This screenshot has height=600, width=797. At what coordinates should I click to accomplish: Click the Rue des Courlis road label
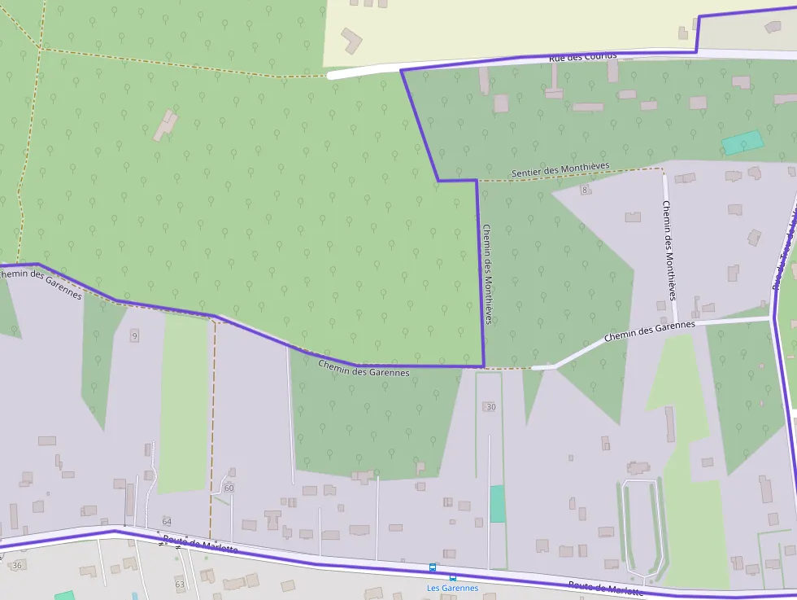click(582, 56)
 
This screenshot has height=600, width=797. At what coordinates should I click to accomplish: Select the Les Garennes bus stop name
click(452, 588)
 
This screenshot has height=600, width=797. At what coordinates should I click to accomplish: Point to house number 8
click(584, 190)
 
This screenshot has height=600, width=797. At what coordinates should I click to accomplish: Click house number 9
click(134, 335)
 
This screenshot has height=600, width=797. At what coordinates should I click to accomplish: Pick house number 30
click(490, 406)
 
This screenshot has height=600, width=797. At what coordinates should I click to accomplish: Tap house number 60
click(229, 488)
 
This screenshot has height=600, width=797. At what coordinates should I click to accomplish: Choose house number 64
click(167, 521)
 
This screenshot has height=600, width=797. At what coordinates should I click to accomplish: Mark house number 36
click(17, 565)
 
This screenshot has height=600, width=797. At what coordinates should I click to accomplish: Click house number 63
click(180, 584)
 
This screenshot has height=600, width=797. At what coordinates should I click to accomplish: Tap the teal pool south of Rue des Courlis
click(743, 142)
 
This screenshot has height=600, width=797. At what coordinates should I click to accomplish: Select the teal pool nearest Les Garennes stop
click(497, 504)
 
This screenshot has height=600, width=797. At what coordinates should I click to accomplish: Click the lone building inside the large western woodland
click(166, 125)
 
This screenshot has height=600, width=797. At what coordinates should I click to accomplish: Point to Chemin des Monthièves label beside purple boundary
click(488, 274)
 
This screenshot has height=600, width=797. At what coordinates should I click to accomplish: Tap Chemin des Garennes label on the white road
click(649, 331)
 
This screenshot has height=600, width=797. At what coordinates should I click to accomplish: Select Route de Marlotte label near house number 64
click(200, 545)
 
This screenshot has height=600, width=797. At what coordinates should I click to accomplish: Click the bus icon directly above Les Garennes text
click(433, 567)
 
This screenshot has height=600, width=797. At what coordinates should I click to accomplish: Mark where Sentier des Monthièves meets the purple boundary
click(477, 180)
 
